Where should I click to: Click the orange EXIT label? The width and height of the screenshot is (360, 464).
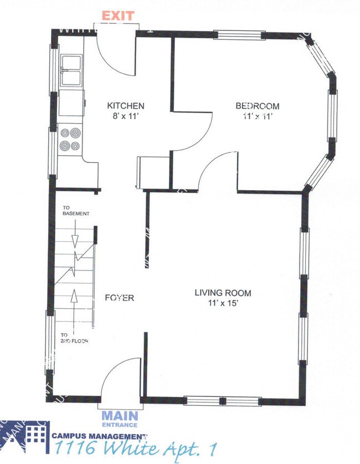[117, 16]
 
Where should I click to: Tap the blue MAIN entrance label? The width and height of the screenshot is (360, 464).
[119, 415]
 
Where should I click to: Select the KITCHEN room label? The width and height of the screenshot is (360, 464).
[126, 106]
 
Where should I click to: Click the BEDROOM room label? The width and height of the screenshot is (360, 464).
[257, 106]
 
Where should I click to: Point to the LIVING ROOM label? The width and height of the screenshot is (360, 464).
[223, 293]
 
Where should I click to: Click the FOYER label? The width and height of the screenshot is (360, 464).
[120, 298]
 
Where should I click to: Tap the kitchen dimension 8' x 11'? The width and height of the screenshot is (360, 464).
[126, 116]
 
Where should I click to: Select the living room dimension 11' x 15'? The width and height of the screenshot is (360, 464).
[223, 303]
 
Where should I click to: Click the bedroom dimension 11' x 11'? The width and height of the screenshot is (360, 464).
[257, 116]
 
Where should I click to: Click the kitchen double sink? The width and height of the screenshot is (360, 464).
[71, 70]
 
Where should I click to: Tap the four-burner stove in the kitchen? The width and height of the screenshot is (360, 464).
[70, 139]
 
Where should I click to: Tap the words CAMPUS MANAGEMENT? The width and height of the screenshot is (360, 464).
[100, 436]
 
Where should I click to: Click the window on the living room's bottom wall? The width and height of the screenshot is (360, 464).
[222, 401]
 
